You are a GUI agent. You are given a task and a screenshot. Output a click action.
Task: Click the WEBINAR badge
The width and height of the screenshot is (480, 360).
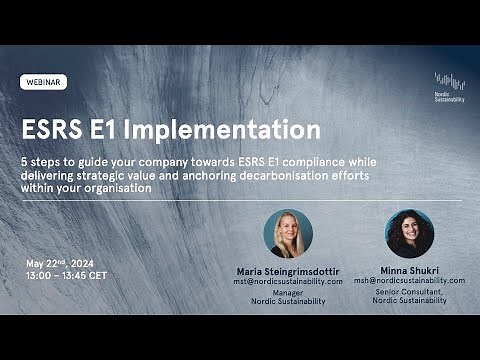coord(43,82)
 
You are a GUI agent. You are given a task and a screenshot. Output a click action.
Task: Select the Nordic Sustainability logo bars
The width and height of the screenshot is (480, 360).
coord(450,81)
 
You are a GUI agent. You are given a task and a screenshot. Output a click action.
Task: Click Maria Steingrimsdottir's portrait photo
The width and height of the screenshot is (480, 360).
coord(288,234)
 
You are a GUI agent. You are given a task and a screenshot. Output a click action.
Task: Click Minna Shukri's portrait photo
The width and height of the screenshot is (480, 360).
coord(409,234)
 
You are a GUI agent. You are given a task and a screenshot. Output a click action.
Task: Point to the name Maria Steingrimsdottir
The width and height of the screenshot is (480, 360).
coord(289,271)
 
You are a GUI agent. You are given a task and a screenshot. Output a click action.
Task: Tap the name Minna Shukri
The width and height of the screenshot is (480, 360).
coord(409,270)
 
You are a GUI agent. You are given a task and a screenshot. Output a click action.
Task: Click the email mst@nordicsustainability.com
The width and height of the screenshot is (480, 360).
coord(289,282)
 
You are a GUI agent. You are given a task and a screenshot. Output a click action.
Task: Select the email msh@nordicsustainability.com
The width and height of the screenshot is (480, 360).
coord(409,281)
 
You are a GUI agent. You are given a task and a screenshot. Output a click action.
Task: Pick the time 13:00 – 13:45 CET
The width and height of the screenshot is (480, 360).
coord(67,275)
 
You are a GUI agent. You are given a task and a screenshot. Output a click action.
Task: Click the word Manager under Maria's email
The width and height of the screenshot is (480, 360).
coord(288,293)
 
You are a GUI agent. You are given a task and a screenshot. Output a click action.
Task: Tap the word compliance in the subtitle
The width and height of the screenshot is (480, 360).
coord(358,160)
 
